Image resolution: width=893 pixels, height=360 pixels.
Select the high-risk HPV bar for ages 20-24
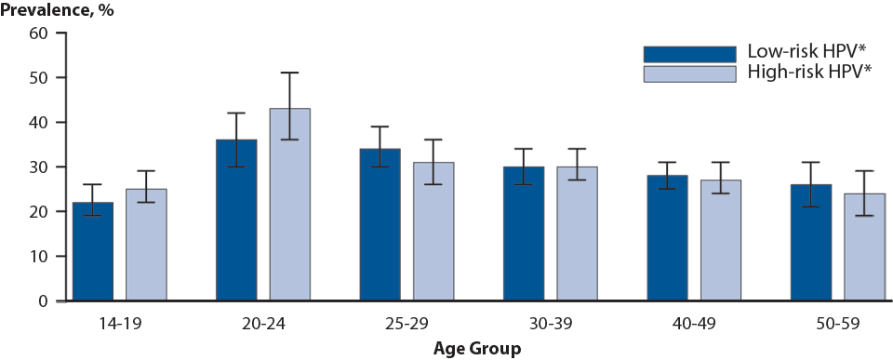click(x=290, y=205)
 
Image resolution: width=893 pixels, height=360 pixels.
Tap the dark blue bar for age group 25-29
click(x=380, y=225)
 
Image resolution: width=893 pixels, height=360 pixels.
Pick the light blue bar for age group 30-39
click(x=578, y=233)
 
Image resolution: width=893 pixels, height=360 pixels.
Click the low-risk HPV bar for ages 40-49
click(x=668, y=238)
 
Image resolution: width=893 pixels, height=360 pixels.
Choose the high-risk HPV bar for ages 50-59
click(x=865, y=247)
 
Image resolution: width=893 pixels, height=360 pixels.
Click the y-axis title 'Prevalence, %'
click(x=54, y=9)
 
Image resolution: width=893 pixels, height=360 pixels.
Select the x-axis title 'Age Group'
click(x=477, y=349)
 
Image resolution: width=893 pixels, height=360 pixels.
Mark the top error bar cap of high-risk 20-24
click(x=290, y=73)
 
